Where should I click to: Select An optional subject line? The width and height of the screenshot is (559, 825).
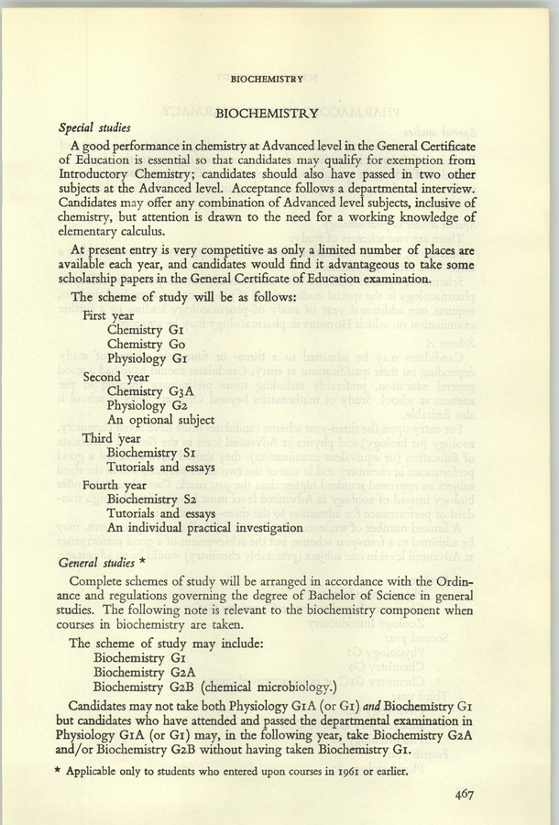tap(160, 421)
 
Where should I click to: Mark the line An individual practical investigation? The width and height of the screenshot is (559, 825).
tap(204, 527)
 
